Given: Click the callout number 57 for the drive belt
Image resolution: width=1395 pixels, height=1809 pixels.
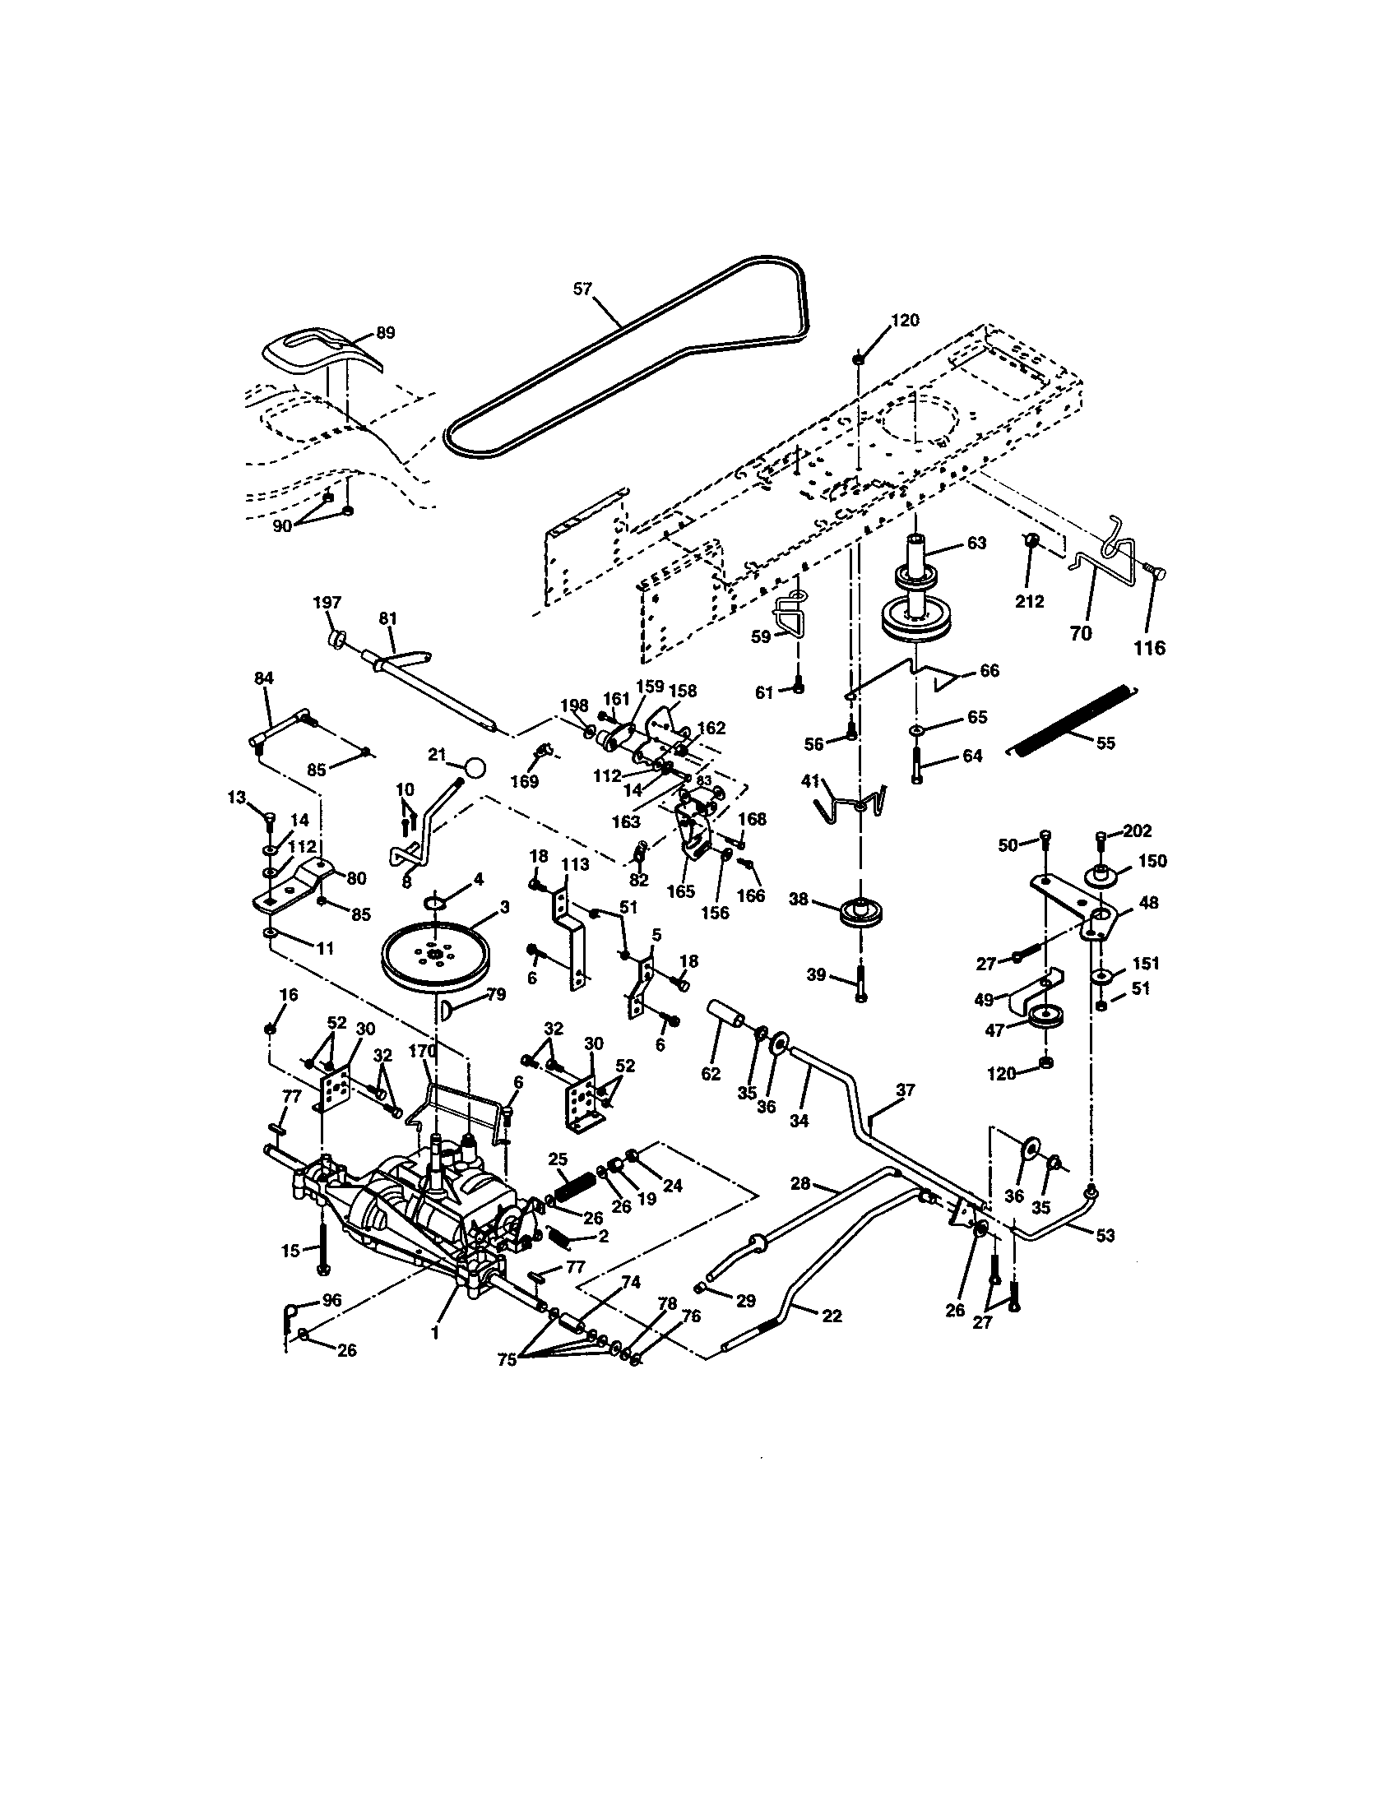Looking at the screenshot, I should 583,289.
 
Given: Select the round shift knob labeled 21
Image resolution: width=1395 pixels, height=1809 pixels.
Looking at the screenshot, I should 475,766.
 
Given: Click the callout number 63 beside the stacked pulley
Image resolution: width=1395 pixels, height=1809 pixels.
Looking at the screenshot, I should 976,543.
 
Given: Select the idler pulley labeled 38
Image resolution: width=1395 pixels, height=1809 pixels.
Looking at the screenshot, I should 862,914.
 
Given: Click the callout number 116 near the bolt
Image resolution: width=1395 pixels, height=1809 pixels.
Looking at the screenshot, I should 1149,648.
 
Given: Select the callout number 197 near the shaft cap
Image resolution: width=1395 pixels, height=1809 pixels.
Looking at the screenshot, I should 327,602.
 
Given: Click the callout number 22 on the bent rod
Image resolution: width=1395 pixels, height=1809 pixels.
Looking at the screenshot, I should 832,1316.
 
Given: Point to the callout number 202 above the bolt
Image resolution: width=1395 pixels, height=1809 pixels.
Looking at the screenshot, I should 1136,830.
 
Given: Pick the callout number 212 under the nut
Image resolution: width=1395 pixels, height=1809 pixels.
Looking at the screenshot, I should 1030,601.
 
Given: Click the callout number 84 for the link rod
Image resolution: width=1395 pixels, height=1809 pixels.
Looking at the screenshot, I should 263,678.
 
